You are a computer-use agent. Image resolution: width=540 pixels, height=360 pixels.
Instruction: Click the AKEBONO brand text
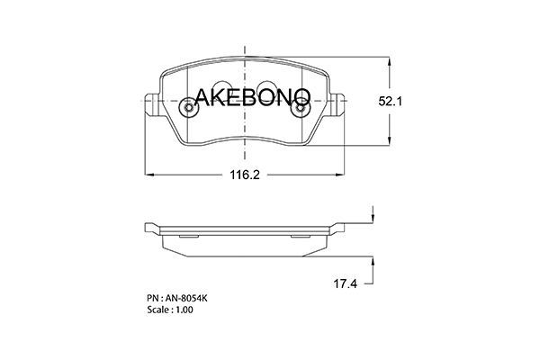point(252,97)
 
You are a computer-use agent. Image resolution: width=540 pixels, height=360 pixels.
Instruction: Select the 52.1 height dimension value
point(391,102)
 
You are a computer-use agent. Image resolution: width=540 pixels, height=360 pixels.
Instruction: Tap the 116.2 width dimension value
point(245,175)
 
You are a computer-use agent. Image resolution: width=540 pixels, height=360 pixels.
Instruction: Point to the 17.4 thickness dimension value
point(345,283)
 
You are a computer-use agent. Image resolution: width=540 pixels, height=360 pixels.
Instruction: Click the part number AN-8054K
point(186,298)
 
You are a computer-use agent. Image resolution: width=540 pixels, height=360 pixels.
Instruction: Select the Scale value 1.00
point(184,310)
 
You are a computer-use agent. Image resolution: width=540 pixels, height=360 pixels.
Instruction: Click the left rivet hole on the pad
point(189,107)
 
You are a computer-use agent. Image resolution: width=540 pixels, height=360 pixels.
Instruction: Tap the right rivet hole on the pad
point(301,107)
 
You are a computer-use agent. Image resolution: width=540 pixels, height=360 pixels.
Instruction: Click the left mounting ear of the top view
point(152,104)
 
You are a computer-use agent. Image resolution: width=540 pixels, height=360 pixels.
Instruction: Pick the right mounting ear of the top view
point(337,104)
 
